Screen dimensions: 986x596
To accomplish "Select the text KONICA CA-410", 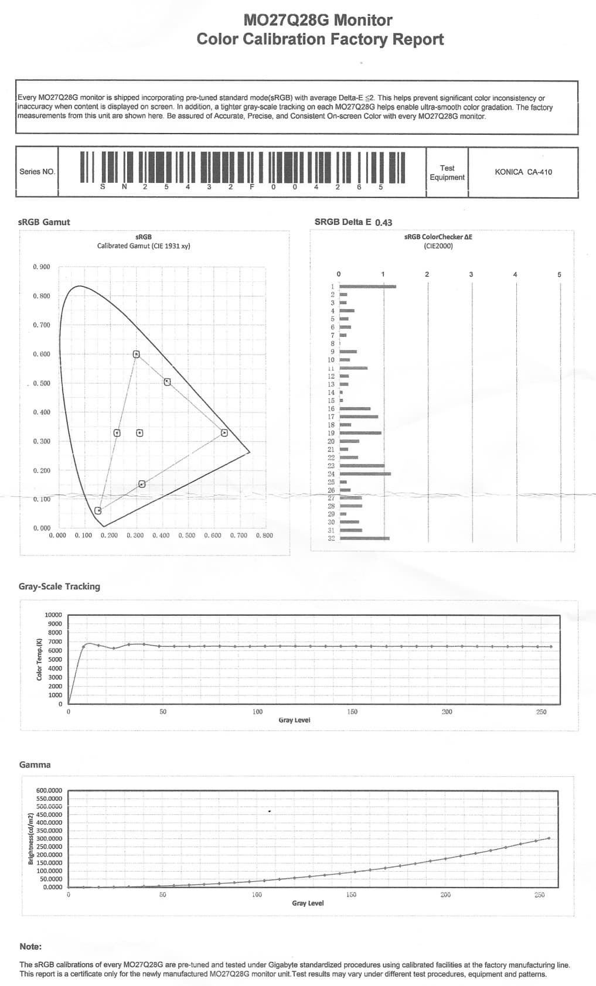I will tap(523, 172).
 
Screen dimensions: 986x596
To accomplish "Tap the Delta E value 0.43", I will tap(383, 223).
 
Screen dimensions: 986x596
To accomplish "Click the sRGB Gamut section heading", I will tap(44, 222).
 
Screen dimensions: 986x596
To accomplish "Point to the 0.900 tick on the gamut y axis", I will tap(42, 267).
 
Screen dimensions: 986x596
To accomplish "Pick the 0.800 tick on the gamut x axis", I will tap(264, 535).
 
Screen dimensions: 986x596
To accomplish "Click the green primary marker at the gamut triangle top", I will tap(136, 354).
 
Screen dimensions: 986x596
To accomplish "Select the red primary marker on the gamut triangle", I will tap(224, 433).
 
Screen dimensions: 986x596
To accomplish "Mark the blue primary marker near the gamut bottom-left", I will tap(98, 510).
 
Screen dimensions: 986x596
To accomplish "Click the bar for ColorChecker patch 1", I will tap(367, 286).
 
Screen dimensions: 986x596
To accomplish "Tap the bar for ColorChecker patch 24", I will tap(365, 473).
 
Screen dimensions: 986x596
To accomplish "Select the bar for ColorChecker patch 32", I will tap(365, 538).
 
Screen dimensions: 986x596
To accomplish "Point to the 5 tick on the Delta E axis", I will tap(559, 274).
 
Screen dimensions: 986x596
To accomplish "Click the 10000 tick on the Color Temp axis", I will tap(53, 615).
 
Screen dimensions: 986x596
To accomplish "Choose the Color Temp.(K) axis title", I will tap(39, 659).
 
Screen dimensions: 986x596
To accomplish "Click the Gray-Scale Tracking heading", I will tap(59, 586).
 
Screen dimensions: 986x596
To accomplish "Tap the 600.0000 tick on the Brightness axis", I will tap(49, 790).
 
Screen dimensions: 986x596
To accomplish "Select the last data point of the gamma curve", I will tap(549, 838).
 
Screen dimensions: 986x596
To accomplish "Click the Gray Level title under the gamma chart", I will tap(308, 903).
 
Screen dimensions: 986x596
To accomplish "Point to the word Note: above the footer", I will tap(30, 946).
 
